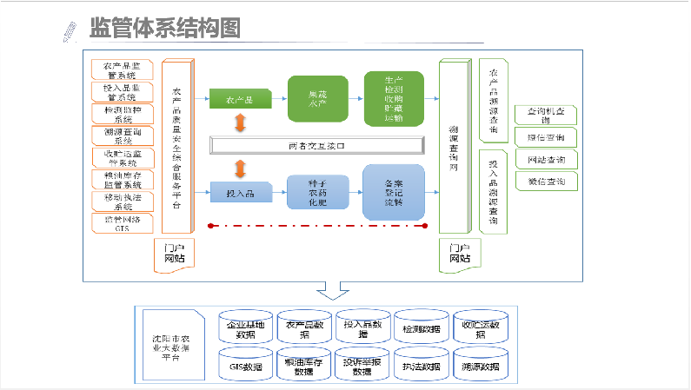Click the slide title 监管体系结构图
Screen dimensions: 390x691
pos(164,28)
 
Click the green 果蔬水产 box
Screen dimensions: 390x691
pos(317,98)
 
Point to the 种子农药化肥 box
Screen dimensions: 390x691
pos(317,191)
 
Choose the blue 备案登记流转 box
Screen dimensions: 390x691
pos(393,191)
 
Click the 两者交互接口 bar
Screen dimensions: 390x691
pos(316,145)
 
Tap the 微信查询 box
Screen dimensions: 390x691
pos(545,182)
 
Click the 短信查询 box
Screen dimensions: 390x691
pos(545,137)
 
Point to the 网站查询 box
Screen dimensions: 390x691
pos(545,160)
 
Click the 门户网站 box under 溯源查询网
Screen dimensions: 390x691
pos(459,253)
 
